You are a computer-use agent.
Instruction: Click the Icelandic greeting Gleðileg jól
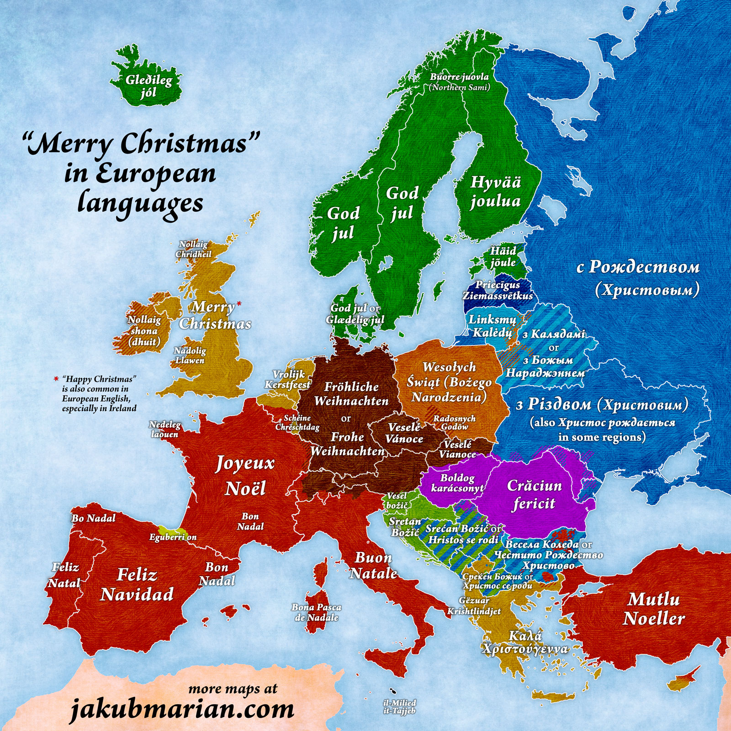[149, 86]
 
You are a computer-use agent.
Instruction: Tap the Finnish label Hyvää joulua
[496, 191]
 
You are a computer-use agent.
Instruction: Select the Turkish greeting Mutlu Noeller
[654, 609]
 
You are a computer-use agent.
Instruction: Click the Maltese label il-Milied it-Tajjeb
[399, 707]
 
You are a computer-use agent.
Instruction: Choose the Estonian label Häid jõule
[503, 256]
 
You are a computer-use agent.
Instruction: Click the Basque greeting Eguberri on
[173, 537]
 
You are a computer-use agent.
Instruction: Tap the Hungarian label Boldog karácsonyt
[457, 483]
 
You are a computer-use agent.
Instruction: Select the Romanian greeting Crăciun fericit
[534, 494]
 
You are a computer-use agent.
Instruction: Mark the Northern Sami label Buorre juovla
[459, 81]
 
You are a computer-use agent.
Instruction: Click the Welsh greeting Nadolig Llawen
[190, 355]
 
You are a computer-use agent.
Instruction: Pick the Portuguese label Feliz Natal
[64, 575]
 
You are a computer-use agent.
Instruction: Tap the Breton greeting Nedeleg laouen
[165, 429]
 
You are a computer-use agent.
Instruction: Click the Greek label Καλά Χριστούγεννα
[525, 642]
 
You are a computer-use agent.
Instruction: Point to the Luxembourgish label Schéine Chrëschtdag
[297, 423]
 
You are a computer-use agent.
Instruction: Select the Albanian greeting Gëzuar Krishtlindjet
[474, 605]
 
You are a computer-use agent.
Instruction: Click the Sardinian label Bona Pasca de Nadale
[316, 612]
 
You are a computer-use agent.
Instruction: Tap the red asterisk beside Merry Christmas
[239, 302]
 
